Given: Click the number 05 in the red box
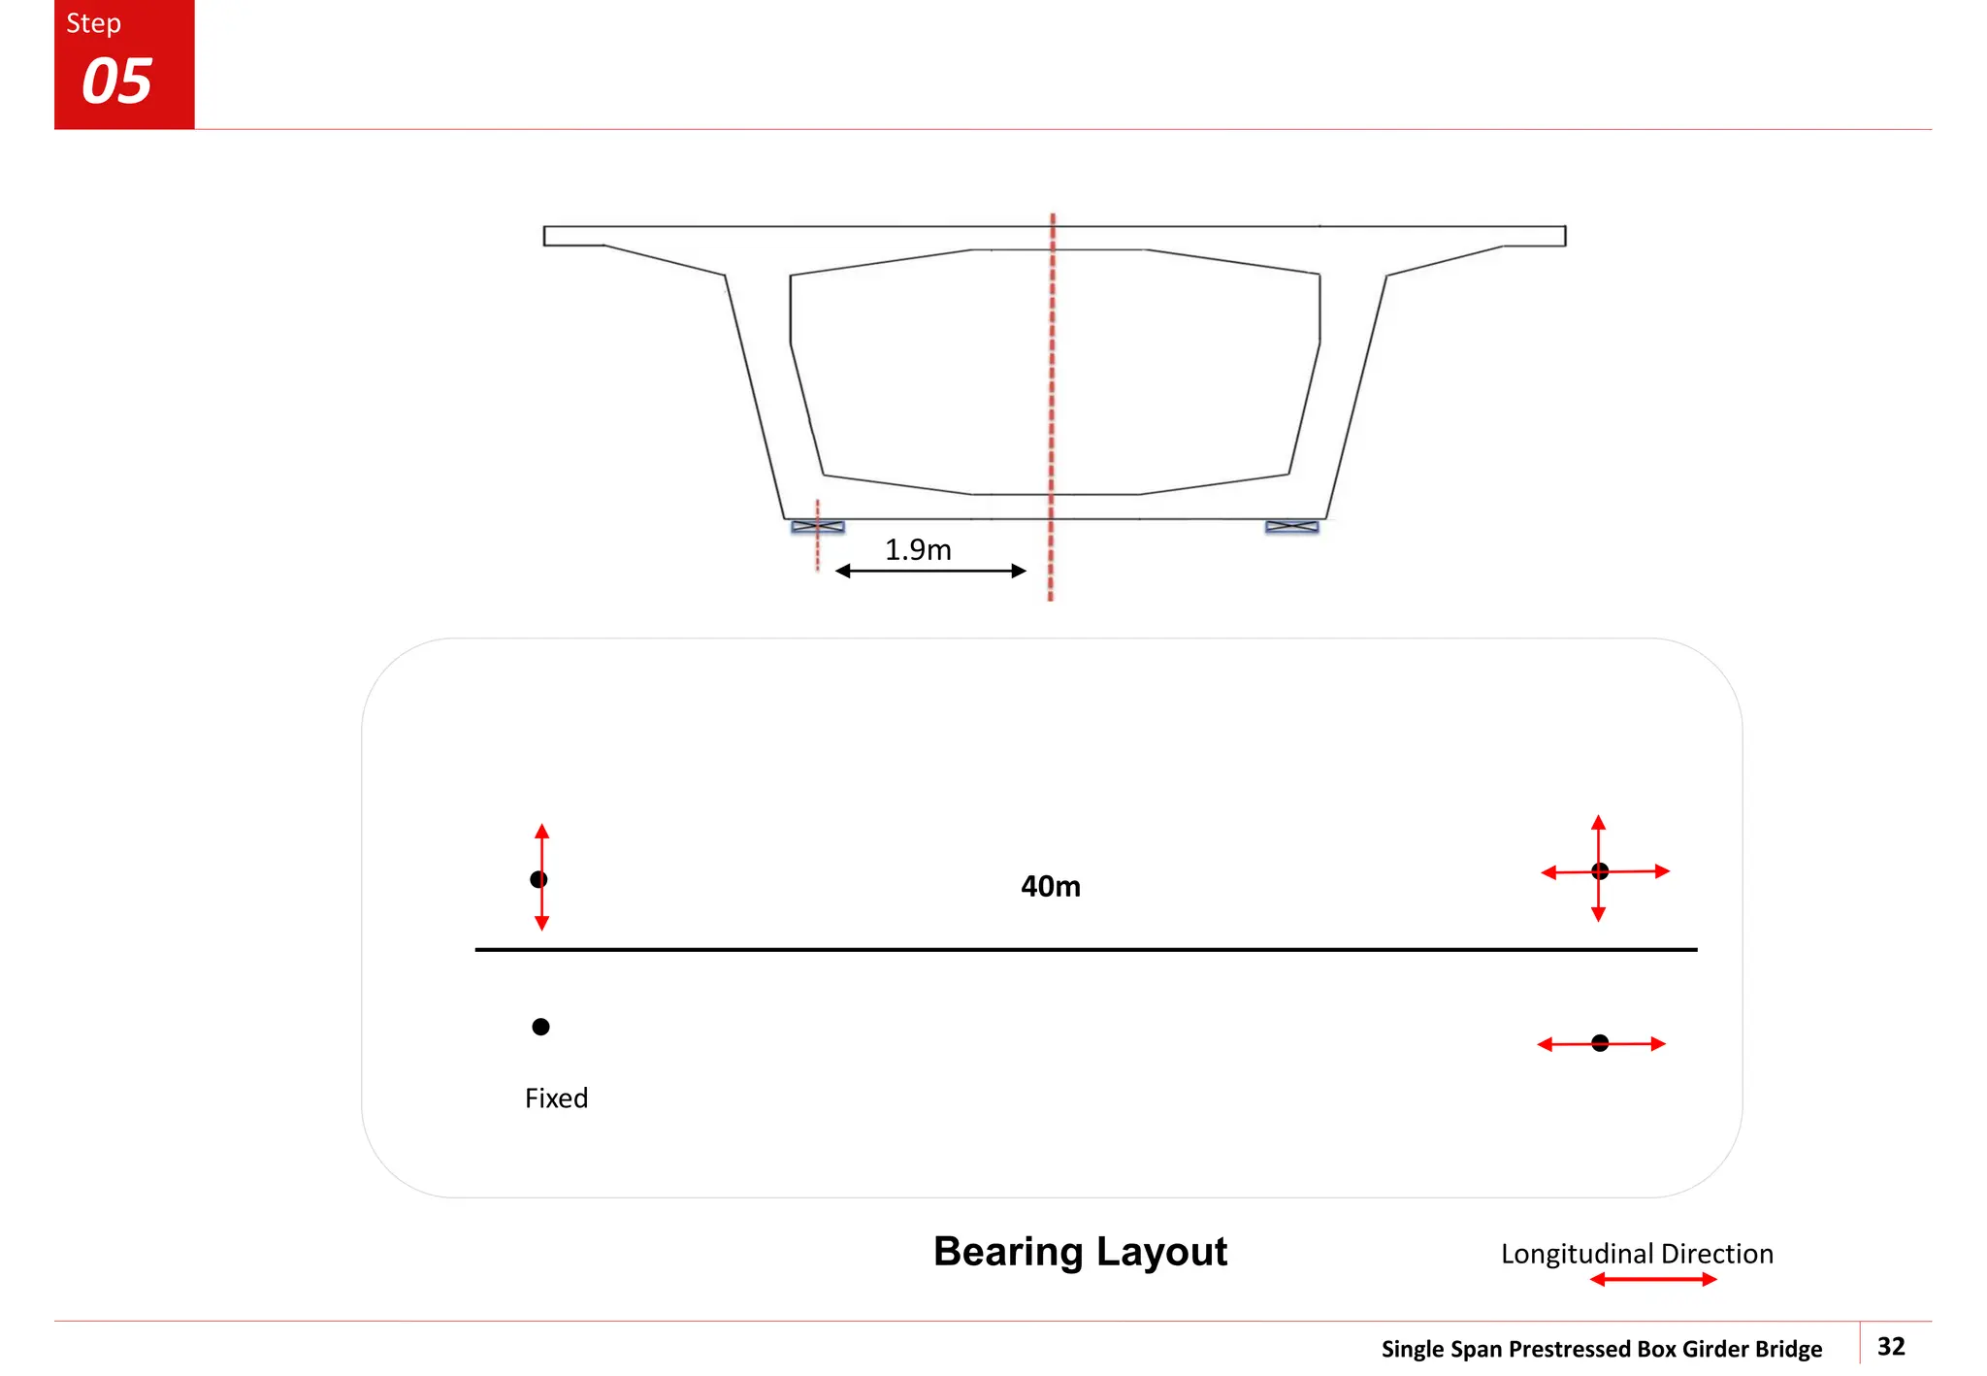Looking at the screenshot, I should coord(116,82).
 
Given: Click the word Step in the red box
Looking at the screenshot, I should coord(93,23).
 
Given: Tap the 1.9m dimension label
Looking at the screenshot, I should coord(918,550).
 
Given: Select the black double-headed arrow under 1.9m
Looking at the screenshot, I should coord(929,571).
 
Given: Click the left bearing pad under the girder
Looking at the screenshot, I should coord(818,527).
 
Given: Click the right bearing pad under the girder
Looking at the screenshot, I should coord(1291,527).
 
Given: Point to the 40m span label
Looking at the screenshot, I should coord(1050,886).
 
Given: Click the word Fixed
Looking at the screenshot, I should coord(556,1098).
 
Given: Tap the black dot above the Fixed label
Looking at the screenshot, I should coord(540,1027).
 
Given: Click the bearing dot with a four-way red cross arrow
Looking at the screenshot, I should coord(1600,871).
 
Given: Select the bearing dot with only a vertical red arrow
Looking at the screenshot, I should coord(538,879).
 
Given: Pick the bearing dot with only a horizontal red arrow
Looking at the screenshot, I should coord(1600,1043).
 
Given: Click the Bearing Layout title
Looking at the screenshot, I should coord(1080,1252).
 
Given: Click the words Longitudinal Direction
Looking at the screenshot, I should coord(1637,1254).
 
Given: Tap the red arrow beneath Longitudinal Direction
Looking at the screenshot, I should coord(1653,1280).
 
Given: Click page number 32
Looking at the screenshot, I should coord(1891,1346).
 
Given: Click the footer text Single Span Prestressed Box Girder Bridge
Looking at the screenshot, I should coord(1601,1349).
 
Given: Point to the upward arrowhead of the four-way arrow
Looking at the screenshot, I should coord(1598,823).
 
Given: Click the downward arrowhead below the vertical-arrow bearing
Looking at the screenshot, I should coord(541,923).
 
